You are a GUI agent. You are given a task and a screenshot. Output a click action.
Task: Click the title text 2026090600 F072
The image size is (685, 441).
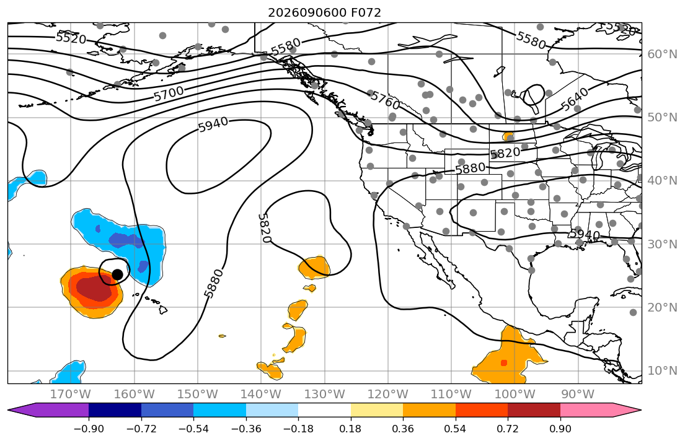(324, 12)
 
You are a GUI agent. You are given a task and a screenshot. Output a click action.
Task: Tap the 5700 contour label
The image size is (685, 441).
(169, 94)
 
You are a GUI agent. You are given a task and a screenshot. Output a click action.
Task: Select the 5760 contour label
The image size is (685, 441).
(386, 101)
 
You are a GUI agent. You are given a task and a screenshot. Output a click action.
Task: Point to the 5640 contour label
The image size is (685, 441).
(575, 100)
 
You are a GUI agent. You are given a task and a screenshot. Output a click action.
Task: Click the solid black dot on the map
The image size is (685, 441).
(117, 274)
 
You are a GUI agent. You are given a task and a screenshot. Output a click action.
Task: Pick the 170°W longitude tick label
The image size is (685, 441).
(71, 395)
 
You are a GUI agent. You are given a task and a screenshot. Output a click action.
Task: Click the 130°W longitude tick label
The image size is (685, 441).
(324, 395)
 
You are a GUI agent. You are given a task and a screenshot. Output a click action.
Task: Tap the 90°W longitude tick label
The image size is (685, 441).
(578, 395)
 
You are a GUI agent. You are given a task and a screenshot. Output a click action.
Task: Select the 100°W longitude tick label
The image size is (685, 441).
(515, 395)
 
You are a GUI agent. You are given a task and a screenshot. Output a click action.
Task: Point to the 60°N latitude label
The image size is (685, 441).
(662, 54)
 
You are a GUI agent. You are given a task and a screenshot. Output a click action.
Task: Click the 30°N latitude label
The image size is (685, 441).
(662, 244)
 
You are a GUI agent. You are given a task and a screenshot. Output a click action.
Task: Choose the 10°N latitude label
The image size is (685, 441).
(662, 371)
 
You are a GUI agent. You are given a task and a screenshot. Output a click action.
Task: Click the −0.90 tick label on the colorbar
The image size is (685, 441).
(89, 429)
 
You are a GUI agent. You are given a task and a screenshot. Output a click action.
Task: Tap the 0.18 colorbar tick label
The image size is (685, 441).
(350, 429)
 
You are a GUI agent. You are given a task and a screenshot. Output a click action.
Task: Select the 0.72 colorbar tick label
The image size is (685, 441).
(508, 429)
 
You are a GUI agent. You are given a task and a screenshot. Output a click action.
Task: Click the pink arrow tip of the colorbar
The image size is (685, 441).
(640, 410)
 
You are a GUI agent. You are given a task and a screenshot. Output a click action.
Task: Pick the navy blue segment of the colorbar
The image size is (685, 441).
(115, 410)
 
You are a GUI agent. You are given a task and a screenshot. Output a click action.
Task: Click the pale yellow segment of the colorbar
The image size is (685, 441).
(376, 410)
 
